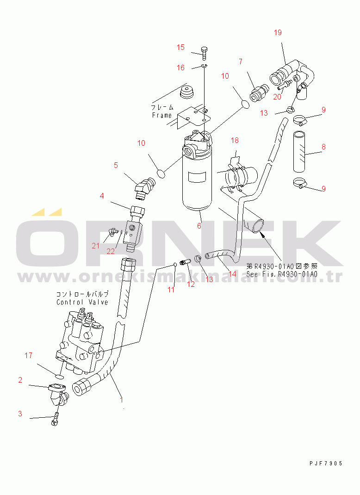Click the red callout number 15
pyautogui.click(x=180, y=47)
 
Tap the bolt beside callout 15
pyautogui.click(x=204, y=54)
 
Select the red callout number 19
pyautogui.click(x=278, y=32)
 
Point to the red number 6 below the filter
pyautogui.click(x=199, y=226)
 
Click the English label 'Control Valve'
pyautogui.click(x=82, y=302)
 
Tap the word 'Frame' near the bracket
pyautogui.click(x=161, y=115)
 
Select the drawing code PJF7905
pyautogui.click(x=326, y=464)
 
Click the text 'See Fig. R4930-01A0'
pyautogui.click(x=282, y=274)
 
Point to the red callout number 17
pyautogui.click(x=28, y=355)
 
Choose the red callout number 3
pyautogui.click(x=20, y=414)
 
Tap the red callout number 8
pyautogui.click(x=324, y=147)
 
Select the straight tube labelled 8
pyautogui.click(x=299, y=152)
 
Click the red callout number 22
pyautogui.click(x=111, y=251)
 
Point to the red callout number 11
pyautogui.click(x=171, y=290)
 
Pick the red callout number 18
pyautogui.click(x=235, y=140)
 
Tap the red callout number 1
pyautogui.click(x=122, y=400)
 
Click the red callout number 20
pyautogui.click(x=277, y=97)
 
